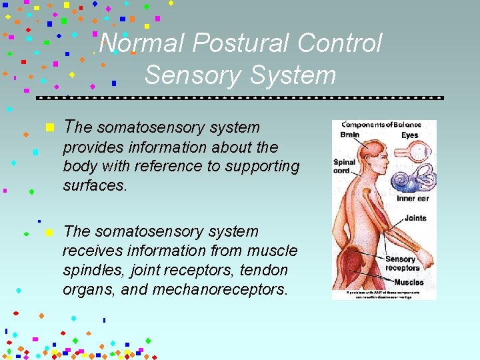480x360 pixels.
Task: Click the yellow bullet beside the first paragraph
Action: pyautogui.click(x=49, y=127)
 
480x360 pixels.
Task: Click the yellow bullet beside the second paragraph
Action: pyautogui.click(x=48, y=232)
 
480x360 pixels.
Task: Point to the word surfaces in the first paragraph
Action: pyautogui.click(x=94, y=185)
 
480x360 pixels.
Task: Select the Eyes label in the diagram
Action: pyautogui.click(x=409, y=135)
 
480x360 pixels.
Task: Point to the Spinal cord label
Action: pyautogui.click(x=345, y=166)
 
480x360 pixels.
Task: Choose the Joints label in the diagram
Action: pyautogui.click(x=415, y=218)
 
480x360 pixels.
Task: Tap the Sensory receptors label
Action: pyautogui.click(x=400, y=263)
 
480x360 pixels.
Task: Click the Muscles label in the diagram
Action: pyautogui.click(x=408, y=282)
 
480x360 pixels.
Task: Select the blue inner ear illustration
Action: pyautogui.click(x=413, y=178)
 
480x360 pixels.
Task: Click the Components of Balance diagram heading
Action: pyautogui.click(x=381, y=125)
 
